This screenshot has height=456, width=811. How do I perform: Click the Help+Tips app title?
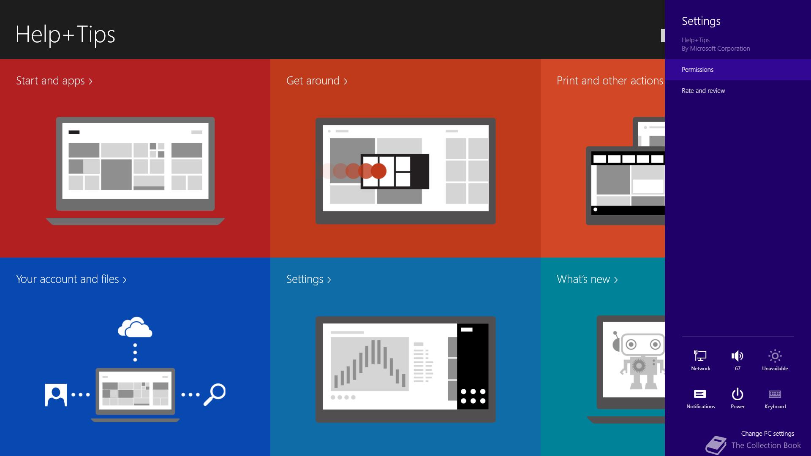[65, 35]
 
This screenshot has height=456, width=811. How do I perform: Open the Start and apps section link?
[54, 81]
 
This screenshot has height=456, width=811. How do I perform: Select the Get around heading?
[317, 81]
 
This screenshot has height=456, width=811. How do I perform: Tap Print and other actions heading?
[610, 81]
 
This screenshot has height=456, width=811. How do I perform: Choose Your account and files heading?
[71, 279]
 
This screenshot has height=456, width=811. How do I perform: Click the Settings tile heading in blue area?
[309, 279]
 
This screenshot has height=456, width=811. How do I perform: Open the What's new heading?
[587, 279]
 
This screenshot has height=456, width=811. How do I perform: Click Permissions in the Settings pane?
[697, 70]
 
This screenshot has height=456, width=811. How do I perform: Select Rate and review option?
[703, 91]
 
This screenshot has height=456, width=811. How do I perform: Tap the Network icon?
[700, 356]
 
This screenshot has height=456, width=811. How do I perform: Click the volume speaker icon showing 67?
[738, 356]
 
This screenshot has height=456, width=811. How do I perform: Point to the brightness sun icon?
[775, 356]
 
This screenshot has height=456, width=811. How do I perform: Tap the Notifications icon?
[700, 394]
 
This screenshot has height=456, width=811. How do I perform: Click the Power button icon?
[738, 394]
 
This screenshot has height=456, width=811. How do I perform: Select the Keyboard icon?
[775, 394]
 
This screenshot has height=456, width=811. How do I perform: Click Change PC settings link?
[767, 434]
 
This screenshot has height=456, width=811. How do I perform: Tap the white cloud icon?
[135, 327]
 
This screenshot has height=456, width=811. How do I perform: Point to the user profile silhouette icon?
[56, 395]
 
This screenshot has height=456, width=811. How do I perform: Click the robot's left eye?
[631, 345]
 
